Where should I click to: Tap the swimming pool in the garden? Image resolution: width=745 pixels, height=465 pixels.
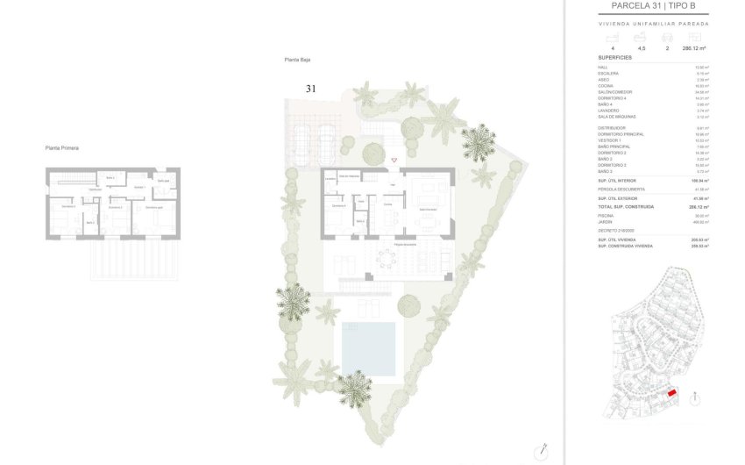[x=368, y=347]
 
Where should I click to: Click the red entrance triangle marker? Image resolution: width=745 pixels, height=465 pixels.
[x=394, y=160]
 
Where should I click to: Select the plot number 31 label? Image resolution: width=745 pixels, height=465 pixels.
[x=310, y=89]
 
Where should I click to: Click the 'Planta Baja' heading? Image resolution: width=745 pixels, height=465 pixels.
[x=297, y=60]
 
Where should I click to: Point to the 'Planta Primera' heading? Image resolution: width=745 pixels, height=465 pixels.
[x=62, y=148]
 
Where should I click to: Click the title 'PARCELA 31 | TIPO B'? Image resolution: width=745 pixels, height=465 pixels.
[x=660, y=5]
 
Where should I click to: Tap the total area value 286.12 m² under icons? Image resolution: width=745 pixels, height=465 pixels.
[x=694, y=49]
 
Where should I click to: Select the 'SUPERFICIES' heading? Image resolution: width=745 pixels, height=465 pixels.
[x=614, y=57]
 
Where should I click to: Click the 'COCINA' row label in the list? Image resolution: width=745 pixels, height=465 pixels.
[x=607, y=86]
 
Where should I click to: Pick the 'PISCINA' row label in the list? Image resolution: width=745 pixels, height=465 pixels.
[x=607, y=216]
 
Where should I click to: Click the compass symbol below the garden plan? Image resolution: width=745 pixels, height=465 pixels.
[x=544, y=448]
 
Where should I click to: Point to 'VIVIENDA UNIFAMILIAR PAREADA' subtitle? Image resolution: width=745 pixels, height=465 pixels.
[x=659, y=24]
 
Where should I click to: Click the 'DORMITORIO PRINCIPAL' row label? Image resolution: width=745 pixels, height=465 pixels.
[x=621, y=134]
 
